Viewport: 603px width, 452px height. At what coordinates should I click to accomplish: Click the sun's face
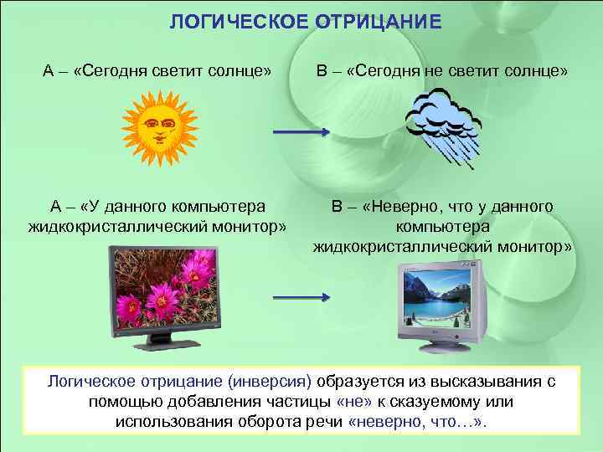[160, 130]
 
